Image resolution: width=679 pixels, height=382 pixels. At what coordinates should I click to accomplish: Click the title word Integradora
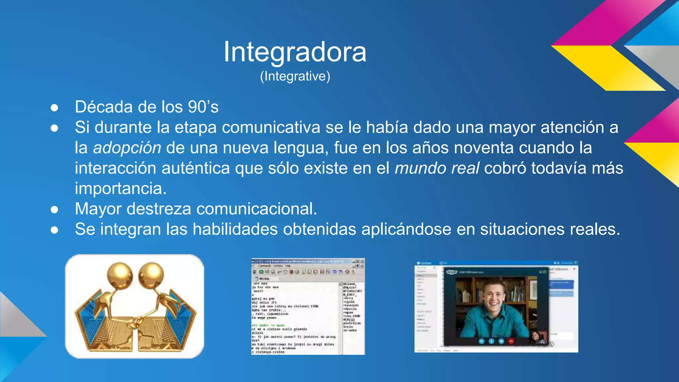(295, 52)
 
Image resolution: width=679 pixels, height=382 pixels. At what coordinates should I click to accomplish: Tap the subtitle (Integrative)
(295, 76)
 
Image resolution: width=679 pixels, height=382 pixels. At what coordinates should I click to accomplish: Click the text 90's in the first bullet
(203, 107)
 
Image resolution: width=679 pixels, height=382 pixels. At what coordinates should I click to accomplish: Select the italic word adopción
(127, 148)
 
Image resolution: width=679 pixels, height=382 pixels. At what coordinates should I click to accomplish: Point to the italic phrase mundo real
(437, 168)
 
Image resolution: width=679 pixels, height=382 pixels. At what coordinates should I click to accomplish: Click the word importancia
(120, 188)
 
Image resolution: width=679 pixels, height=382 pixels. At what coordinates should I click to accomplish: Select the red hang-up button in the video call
(511, 341)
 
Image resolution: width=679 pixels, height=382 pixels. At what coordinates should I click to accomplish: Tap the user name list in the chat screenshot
(352, 307)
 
